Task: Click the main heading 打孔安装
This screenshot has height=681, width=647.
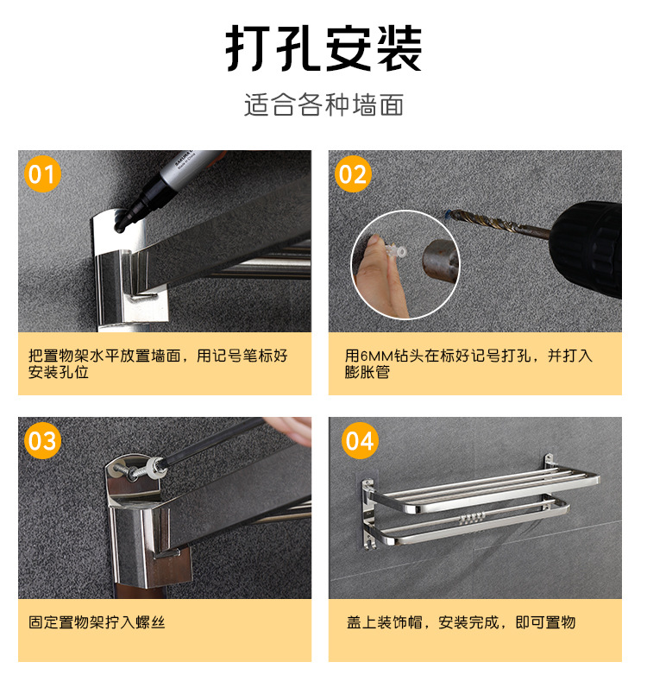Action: [323, 48]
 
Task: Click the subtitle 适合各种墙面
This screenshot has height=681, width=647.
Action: [323, 105]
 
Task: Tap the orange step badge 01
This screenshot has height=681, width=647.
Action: [41, 175]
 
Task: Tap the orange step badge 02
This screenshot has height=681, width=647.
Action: [352, 175]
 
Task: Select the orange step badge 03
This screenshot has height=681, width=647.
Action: [41, 442]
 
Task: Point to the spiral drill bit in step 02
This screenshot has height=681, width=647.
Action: [487, 221]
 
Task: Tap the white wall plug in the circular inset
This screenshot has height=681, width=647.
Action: [398, 250]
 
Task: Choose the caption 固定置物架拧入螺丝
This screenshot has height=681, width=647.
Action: [97, 621]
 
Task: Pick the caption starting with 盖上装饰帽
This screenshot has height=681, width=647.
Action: [461, 621]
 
